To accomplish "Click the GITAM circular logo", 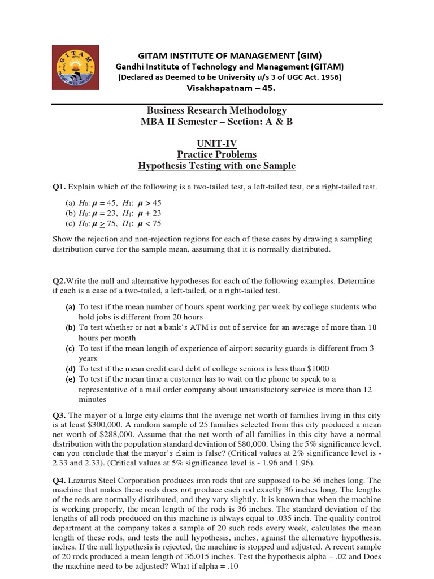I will (x=76, y=67).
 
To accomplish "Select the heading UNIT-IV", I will (x=217, y=144).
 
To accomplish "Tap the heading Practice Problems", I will (x=217, y=154).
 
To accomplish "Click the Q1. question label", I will (x=59, y=187).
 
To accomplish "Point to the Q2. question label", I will (x=59, y=281).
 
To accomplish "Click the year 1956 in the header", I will (x=328, y=77).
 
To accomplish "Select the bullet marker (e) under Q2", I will (x=71, y=379).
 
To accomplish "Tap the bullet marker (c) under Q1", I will (x=71, y=223).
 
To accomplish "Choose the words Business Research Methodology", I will (x=217, y=111).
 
